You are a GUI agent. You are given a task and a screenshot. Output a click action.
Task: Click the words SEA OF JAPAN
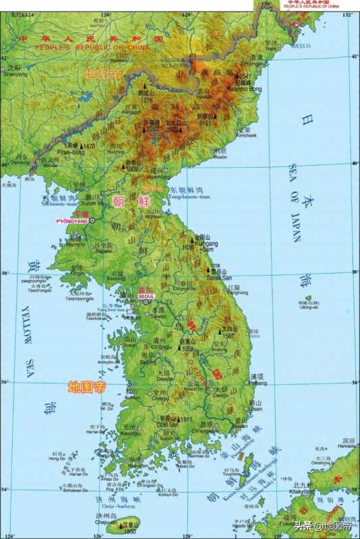pos(295,202)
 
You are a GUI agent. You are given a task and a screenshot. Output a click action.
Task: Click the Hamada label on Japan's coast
pos(347,446)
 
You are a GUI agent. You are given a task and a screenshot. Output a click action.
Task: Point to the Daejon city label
pos(166,379)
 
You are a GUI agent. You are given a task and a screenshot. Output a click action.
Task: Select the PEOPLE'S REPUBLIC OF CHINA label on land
pos(80,48)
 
